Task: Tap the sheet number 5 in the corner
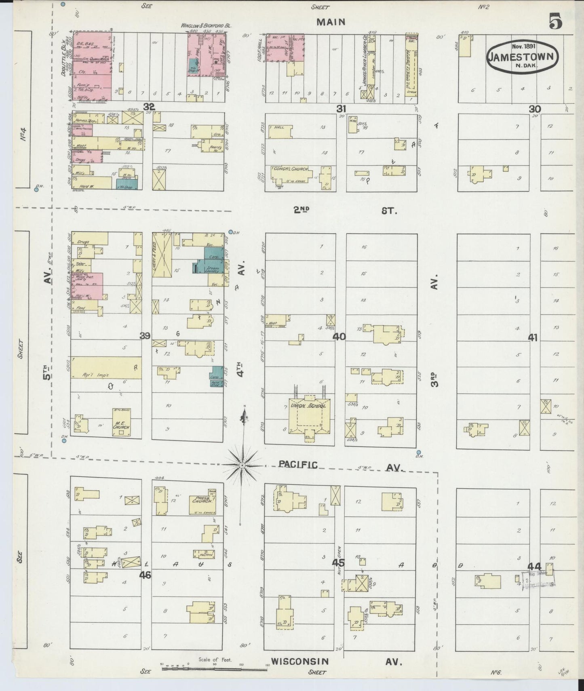pos(555,21)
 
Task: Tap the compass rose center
pos(242,466)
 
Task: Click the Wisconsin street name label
pos(299,662)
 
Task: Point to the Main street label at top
pos(331,22)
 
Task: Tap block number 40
pos(339,336)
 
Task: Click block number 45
pos(339,563)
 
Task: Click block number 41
pos(533,338)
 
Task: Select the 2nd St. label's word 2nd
pos(301,210)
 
